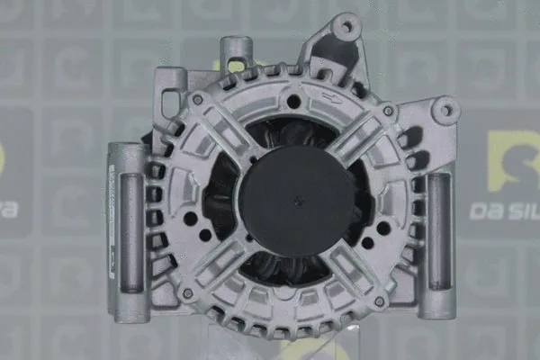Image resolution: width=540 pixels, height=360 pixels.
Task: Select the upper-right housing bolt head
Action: point(388,111)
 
